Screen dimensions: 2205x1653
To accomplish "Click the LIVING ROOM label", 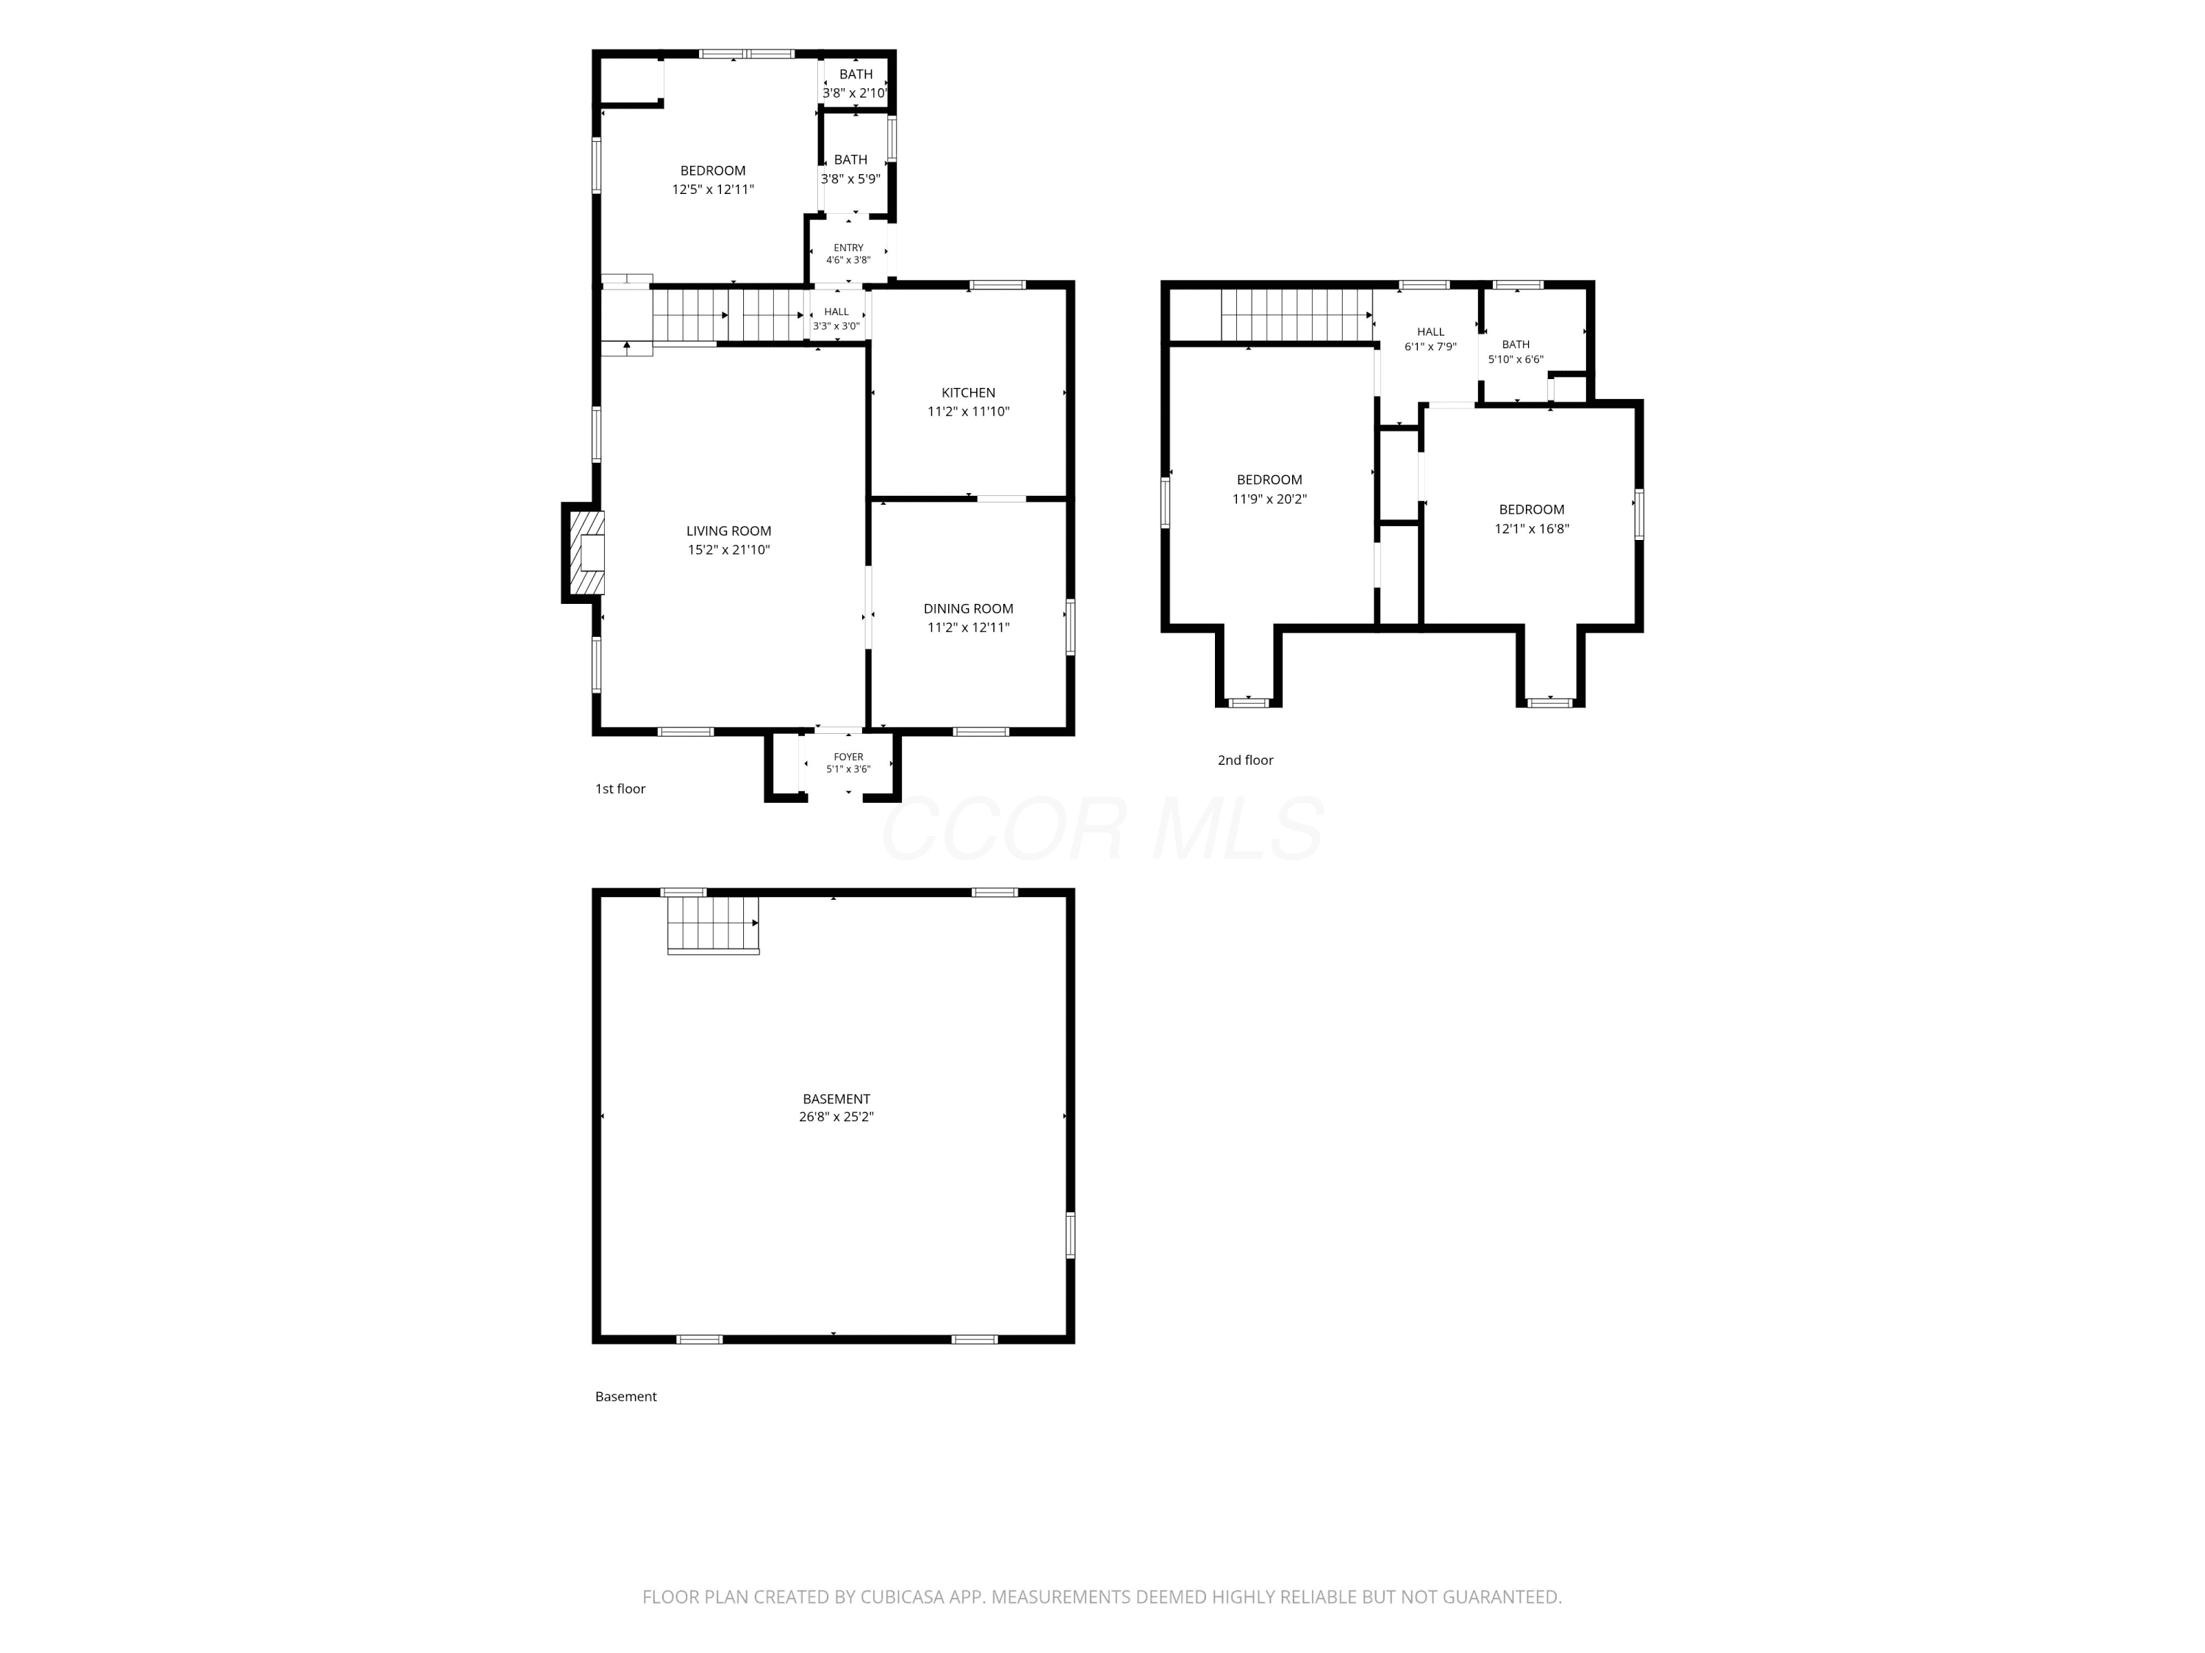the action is point(728,531).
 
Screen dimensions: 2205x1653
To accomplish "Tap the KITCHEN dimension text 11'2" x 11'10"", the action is point(968,411).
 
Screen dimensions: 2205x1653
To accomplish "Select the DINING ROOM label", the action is point(968,609).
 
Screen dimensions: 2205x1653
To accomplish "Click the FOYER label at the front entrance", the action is point(848,757).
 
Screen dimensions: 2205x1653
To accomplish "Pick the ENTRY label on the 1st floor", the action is point(848,248).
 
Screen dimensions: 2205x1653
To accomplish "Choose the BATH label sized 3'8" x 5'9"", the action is point(850,159).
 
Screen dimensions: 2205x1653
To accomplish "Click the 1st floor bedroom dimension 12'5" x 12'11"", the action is point(713,190).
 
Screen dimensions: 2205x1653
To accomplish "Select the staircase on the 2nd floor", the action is point(1297,315).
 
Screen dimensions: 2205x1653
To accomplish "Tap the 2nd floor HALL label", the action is point(1430,332).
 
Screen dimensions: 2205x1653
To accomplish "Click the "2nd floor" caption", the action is point(1245,760).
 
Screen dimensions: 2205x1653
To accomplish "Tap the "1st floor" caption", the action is point(620,789).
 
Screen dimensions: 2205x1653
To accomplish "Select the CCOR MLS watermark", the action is point(1102,829).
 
